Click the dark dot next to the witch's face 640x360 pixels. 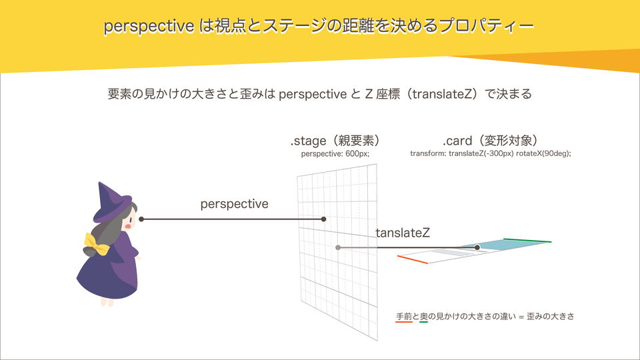coord(141,219)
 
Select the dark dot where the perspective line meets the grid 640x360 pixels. coord(323,219)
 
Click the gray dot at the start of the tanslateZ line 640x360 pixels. coord(338,247)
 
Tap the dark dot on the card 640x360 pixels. coord(477,247)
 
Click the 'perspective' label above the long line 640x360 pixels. coord(234,204)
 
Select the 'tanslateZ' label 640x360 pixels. coord(402,233)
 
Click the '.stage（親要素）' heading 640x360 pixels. coord(335,141)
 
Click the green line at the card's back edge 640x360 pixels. coord(527,240)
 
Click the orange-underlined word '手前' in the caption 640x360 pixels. coord(404,316)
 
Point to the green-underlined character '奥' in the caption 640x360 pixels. coord(423,316)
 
